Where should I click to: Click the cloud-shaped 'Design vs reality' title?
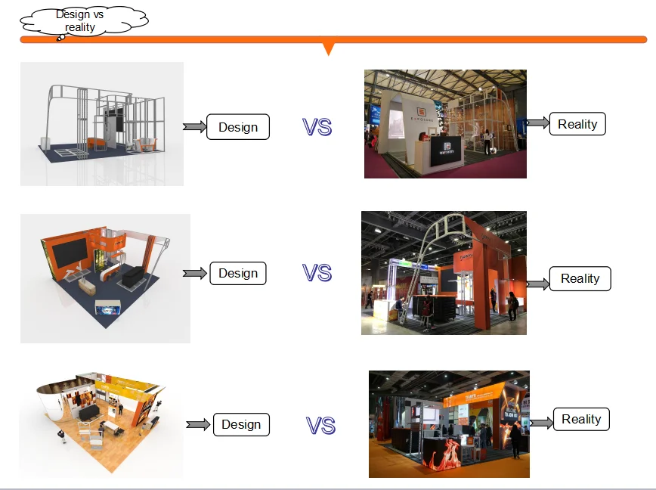[79, 21]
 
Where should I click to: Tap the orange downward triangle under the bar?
[328, 49]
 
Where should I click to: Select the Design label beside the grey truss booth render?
[238, 127]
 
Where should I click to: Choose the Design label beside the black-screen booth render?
[238, 273]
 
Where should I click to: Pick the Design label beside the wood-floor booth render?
[241, 425]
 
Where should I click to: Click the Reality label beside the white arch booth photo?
[577, 124]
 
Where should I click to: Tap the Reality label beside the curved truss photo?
[580, 278]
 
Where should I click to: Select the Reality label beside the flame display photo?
[581, 419]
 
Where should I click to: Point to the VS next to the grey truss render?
[317, 127]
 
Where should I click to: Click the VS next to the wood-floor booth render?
[320, 426]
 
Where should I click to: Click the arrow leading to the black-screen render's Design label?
[194, 273]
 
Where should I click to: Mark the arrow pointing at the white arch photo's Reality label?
[537, 123]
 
